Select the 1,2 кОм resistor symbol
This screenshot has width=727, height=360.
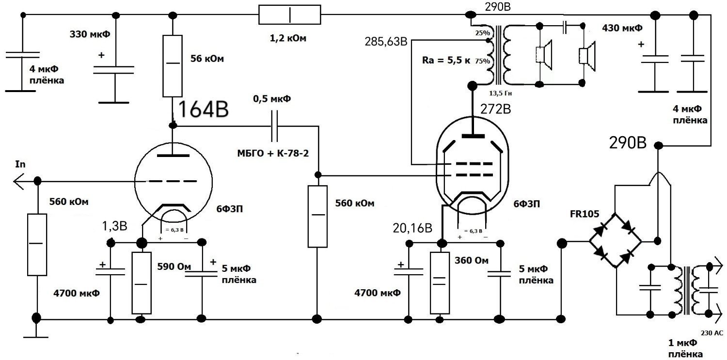(x=290, y=15)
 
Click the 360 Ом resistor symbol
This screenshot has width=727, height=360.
(x=440, y=283)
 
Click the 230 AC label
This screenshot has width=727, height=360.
(x=712, y=332)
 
